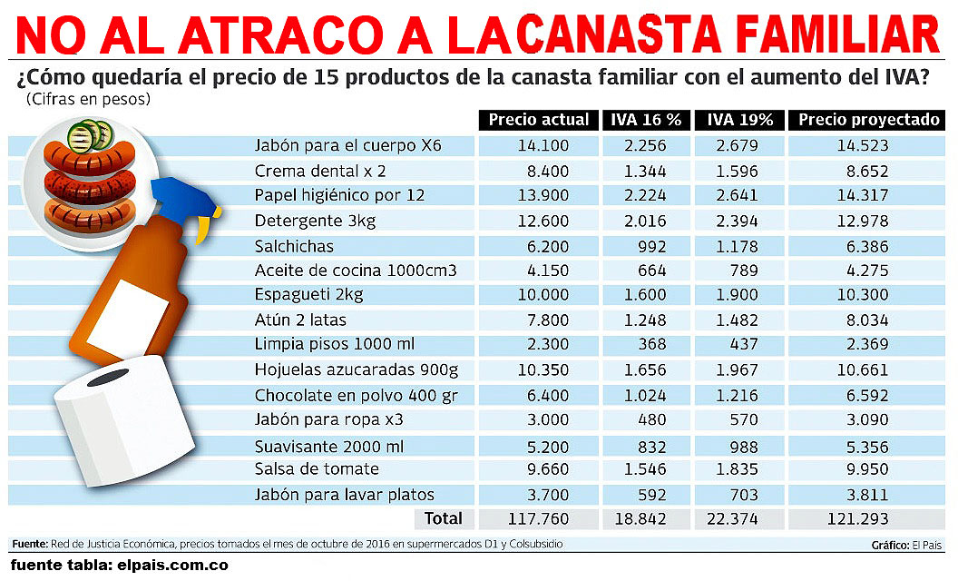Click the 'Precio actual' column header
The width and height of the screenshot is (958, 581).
pyautogui.click(x=538, y=120)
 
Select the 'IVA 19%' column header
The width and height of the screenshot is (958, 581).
pyautogui.click(x=739, y=120)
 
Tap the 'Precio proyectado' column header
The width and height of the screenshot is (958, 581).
pyautogui.click(x=869, y=120)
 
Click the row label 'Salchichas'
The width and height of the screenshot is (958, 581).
pyautogui.click(x=294, y=246)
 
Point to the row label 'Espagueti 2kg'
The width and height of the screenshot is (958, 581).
pyautogui.click(x=308, y=296)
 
